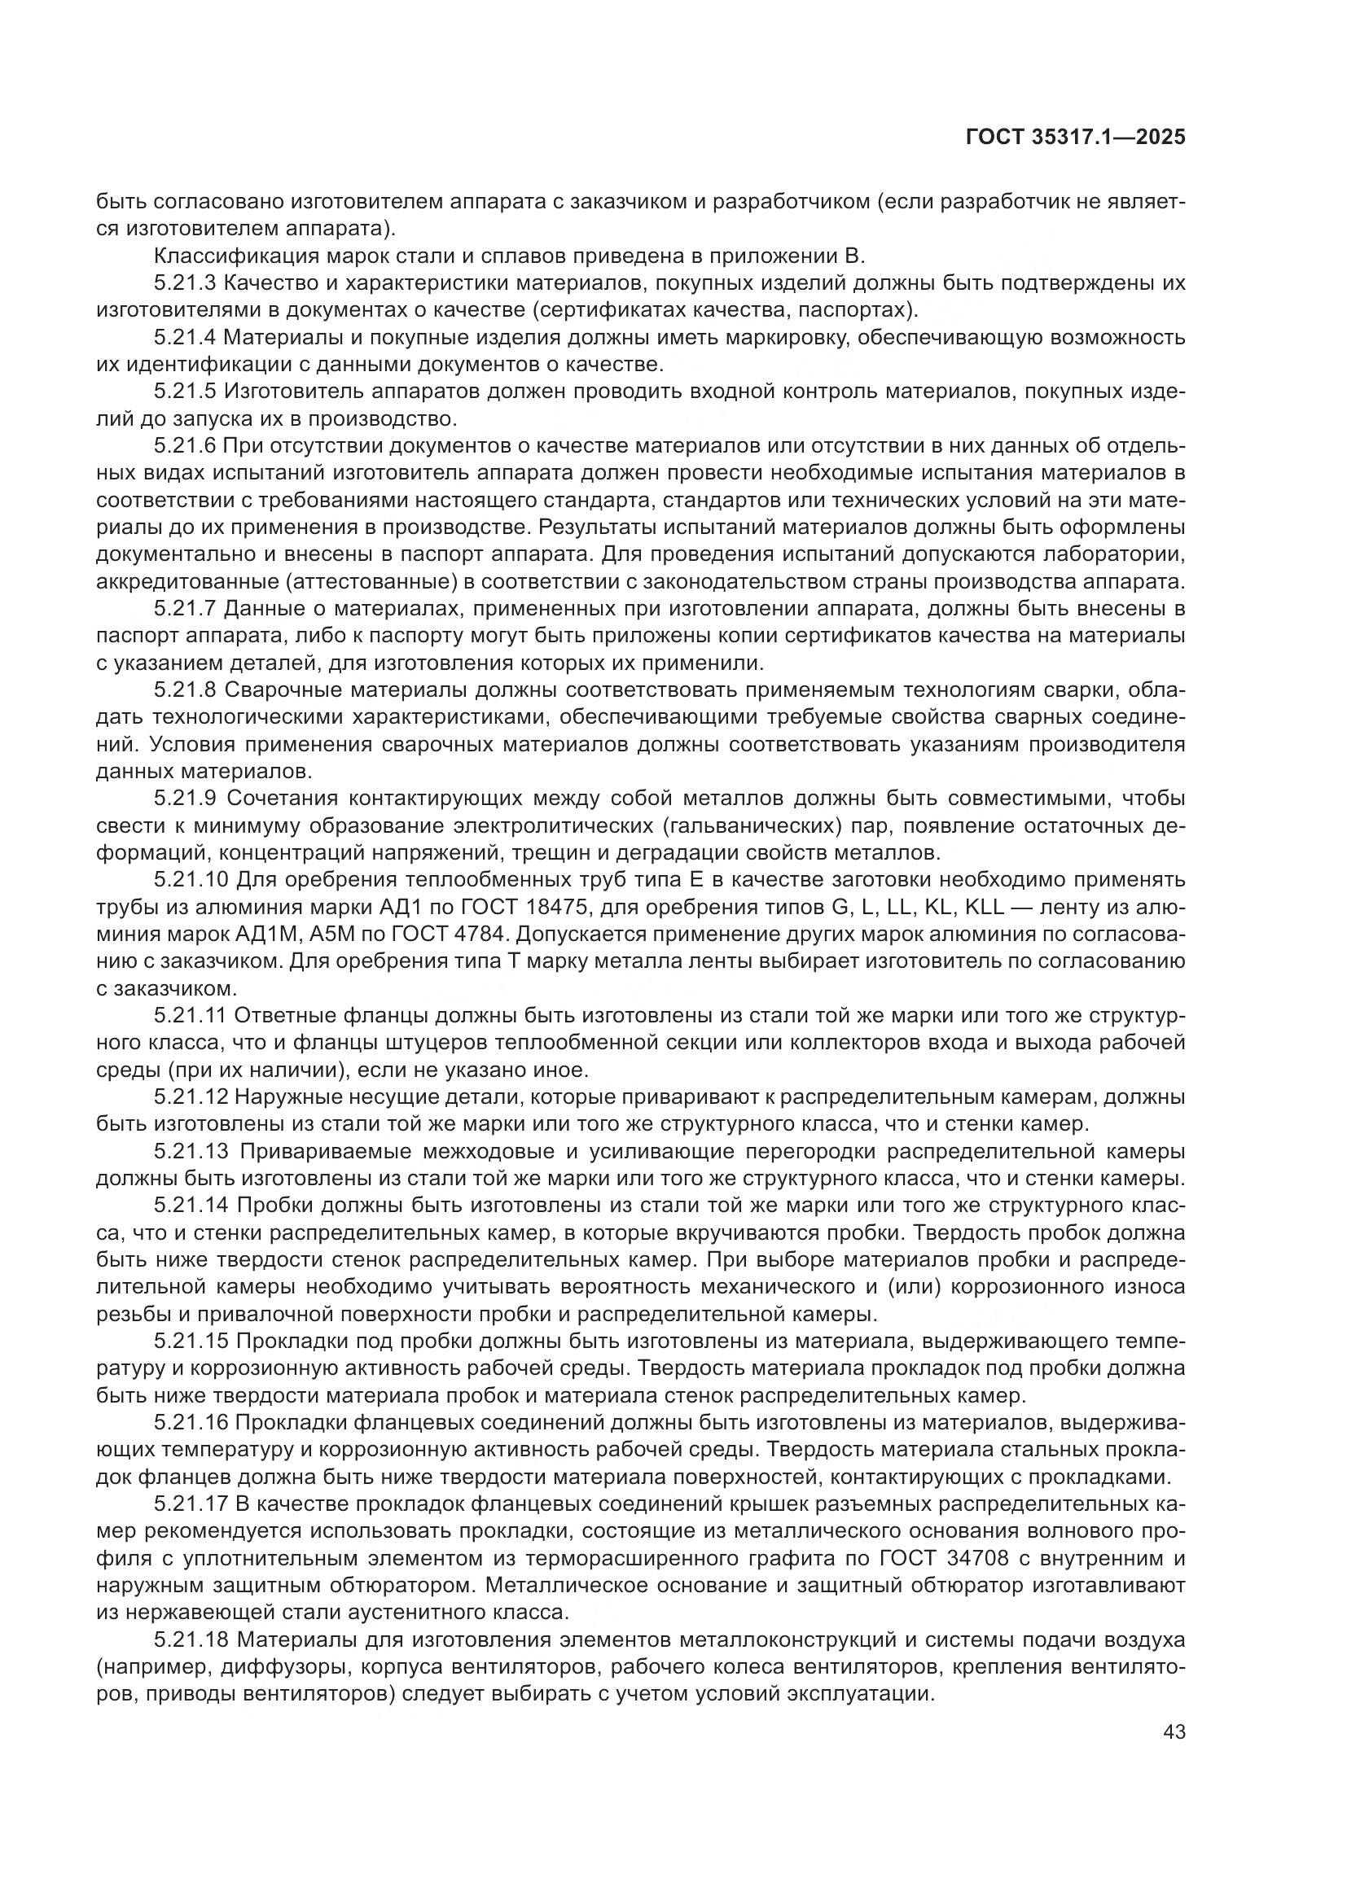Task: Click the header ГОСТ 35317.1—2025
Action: tap(1075, 138)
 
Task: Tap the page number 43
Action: tap(1174, 1732)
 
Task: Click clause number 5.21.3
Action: tap(184, 283)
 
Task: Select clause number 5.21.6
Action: tap(184, 446)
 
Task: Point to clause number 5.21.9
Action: tap(184, 799)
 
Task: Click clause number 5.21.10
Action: tap(190, 880)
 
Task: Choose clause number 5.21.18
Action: tap(190, 1639)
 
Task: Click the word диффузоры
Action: tap(274, 1667)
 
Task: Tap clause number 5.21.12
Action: tap(190, 1097)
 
